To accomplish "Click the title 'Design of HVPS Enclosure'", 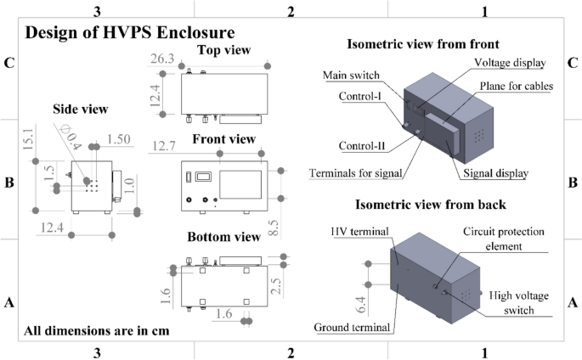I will point(130,33).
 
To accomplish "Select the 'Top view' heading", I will point(223,51).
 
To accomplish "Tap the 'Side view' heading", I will point(80,109).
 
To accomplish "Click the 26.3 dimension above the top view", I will point(163,59).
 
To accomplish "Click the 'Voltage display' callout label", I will point(509,63).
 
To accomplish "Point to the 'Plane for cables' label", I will point(516,86).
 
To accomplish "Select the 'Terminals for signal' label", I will point(355,173).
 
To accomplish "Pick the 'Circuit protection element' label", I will point(504,239).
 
